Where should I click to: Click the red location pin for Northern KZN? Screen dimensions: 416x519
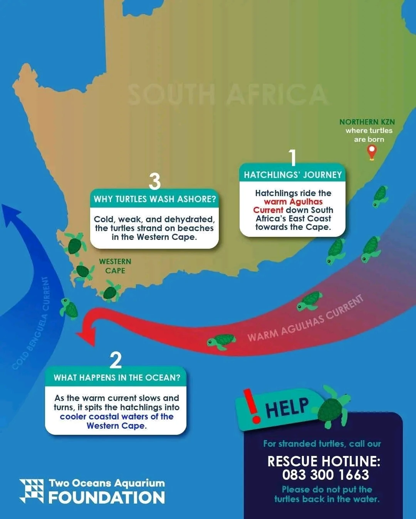click(371, 151)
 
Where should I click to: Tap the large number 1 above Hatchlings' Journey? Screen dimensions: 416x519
click(293, 158)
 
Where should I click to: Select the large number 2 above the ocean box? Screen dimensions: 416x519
click(116, 360)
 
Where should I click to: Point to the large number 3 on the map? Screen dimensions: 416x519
click(154, 181)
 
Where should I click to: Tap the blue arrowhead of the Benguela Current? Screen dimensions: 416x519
click(12, 215)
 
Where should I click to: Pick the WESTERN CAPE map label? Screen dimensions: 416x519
click(115, 266)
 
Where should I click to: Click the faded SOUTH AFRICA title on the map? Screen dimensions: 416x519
click(227, 95)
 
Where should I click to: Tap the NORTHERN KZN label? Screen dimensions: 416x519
click(367, 122)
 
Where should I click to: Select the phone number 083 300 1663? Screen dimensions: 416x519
click(325, 475)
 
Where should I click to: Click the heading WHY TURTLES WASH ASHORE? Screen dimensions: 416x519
click(155, 199)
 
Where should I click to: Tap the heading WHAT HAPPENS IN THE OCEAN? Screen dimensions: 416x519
click(117, 378)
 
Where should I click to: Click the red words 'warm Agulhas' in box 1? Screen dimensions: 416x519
click(293, 201)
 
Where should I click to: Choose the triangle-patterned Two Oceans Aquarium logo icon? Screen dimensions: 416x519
click(32, 491)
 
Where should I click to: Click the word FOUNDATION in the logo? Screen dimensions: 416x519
click(107, 497)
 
